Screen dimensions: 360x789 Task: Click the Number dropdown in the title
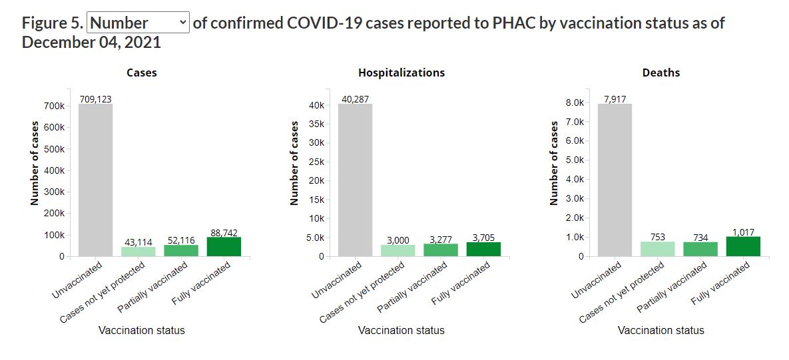(138, 23)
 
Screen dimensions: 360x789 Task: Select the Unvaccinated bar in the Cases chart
(95, 180)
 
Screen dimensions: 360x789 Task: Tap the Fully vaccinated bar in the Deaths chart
(742, 246)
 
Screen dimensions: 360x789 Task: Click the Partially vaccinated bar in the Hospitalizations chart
(440, 250)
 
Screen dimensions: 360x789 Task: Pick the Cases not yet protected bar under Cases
(138, 252)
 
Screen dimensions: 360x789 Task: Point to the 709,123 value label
(95, 99)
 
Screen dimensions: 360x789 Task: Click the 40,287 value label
(355, 99)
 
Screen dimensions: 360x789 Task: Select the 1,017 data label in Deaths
(742, 232)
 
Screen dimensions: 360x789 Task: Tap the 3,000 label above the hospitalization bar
(397, 240)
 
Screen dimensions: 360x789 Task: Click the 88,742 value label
(223, 232)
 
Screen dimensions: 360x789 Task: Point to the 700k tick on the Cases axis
(54, 106)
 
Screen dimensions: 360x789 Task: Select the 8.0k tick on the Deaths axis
(574, 103)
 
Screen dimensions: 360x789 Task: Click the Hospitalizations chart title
(401, 73)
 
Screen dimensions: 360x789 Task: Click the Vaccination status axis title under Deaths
(660, 330)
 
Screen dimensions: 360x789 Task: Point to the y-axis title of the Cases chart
(35, 163)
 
